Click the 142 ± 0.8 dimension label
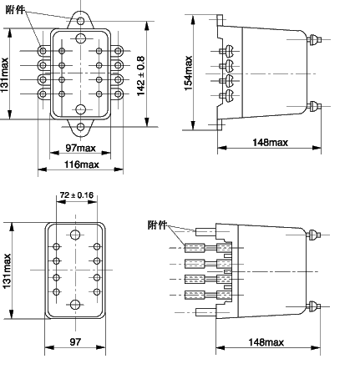click(x=141, y=76)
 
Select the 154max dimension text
click(x=189, y=73)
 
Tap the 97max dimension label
click(x=81, y=148)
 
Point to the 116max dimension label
click(x=82, y=164)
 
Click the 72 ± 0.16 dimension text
click(x=77, y=195)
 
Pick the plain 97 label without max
click(x=75, y=341)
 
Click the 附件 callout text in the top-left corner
click(x=15, y=10)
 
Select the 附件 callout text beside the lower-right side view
click(x=157, y=225)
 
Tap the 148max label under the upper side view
click(x=270, y=143)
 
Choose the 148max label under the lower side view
click(x=266, y=342)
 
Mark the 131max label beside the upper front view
click(x=4, y=75)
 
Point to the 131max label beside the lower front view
click(x=7, y=271)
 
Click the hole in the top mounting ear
click(x=80, y=21)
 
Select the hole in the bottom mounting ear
click(x=80, y=127)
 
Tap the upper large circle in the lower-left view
click(x=75, y=235)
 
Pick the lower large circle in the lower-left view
click(x=75, y=305)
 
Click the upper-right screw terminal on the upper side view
click(x=314, y=39)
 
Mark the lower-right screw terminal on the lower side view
click(x=313, y=306)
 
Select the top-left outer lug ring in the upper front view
click(x=43, y=51)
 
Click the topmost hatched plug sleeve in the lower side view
click(x=195, y=248)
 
